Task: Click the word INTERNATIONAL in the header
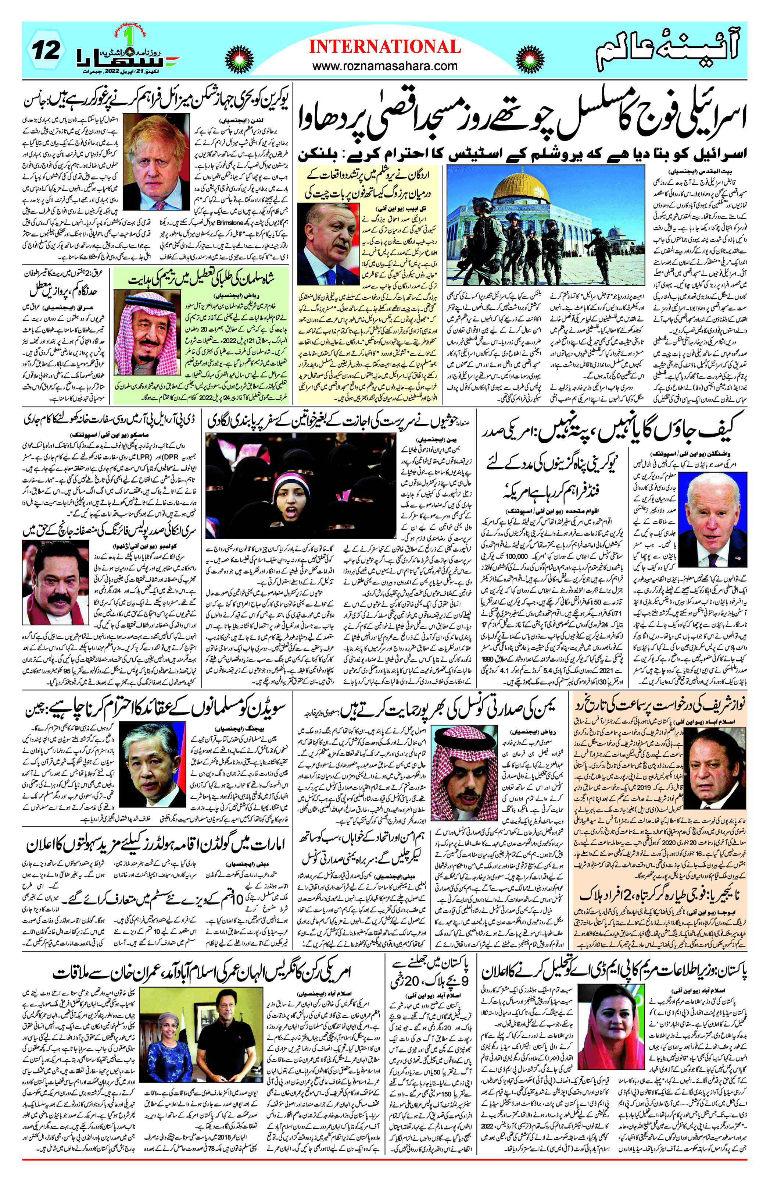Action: [x=385, y=47]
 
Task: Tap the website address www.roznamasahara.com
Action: [x=385, y=65]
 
